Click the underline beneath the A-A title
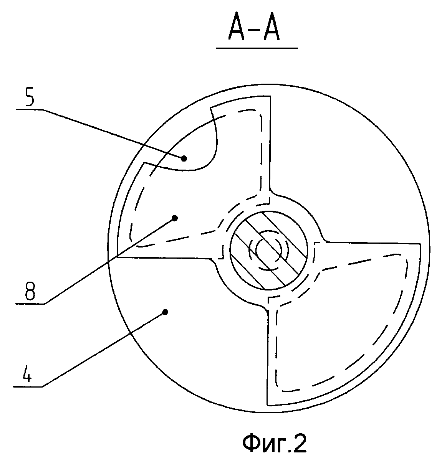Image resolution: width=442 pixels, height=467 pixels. (x=257, y=48)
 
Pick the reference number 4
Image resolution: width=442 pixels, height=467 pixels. (x=26, y=371)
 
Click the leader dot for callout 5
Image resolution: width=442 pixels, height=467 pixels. (x=184, y=158)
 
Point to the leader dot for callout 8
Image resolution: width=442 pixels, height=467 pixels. (x=175, y=218)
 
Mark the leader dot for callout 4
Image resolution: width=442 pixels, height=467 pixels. (x=165, y=312)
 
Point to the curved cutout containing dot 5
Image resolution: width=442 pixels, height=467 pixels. (x=192, y=146)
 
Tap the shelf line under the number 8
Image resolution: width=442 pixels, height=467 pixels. (x=30, y=304)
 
